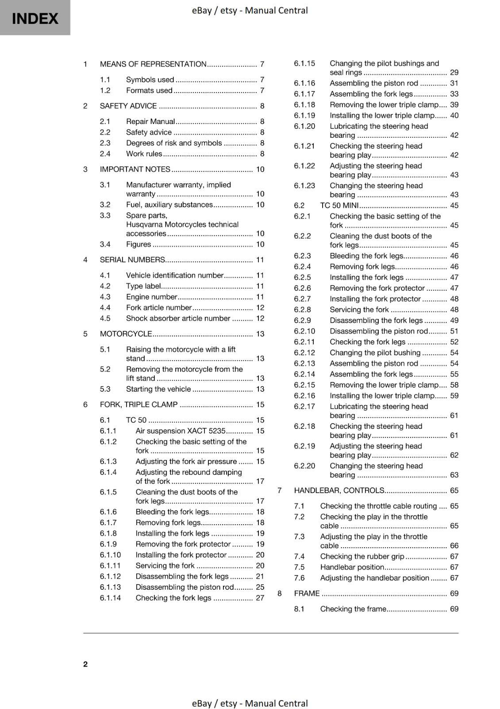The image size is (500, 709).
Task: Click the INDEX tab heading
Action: pyautogui.click(x=35, y=18)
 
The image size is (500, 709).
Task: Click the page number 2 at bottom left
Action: pyautogui.click(x=85, y=664)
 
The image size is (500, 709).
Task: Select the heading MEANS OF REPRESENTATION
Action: pyautogui.click(x=153, y=64)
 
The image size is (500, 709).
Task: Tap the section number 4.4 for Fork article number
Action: pyautogui.click(x=105, y=308)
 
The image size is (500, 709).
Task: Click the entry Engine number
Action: pyautogui.click(x=151, y=297)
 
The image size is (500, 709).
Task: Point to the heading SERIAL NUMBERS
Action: pyautogui.click(x=132, y=260)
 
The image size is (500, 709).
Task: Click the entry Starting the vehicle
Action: pyautogui.click(x=158, y=389)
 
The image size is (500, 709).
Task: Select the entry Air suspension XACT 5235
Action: pyautogui.click(x=181, y=431)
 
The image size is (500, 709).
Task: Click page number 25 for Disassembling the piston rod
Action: pyautogui.click(x=260, y=587)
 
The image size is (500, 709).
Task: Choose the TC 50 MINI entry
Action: pyautogui.click(x=339, y=206)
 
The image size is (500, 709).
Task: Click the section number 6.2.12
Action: pyautogui.click(x=304, y=353)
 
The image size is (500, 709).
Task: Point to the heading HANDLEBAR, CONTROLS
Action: pyautogui.click(x=339, y=491)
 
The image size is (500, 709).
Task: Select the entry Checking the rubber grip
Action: pyautogui.click(x=362, y=557)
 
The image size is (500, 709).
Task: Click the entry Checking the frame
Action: pyautogui.click(x=353, y=609)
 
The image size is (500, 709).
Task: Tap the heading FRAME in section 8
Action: pyautogui.click(x=307, y=593)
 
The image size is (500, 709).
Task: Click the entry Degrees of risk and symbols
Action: pyautogui.click(x=174, y=143)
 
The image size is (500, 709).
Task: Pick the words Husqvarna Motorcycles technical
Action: pyautogui.click(x=182, y=225)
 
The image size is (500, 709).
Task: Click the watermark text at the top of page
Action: pyautogui.click(x=250, y=10)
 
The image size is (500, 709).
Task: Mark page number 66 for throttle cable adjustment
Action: pyautogui.click(x=454, y=545)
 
